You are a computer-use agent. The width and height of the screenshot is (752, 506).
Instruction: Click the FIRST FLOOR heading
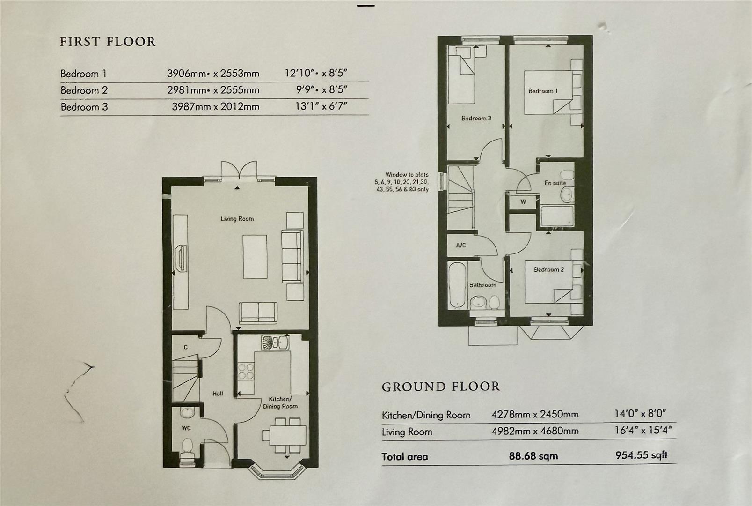tap(108, 42)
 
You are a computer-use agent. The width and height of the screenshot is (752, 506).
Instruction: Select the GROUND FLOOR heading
tap(441, 387)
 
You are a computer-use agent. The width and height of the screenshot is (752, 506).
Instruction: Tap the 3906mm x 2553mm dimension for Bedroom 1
tap(213, 74)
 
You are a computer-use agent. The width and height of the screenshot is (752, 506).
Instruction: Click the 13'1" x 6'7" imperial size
tap(321, 106)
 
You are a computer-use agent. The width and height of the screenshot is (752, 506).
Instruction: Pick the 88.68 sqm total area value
tap(533, 456)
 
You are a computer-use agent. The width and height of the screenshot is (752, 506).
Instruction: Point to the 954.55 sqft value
tap(641, 455)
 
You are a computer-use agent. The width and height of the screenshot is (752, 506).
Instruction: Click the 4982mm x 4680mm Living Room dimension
tap(535, 431)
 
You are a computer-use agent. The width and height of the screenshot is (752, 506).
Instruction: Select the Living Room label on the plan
tap(237, 219)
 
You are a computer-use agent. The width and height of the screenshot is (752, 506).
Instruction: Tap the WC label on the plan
tap(186, 428)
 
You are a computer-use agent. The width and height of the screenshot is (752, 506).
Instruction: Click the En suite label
tap(555, 183)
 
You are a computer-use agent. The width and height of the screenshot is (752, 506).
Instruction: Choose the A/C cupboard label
tap(461, 246)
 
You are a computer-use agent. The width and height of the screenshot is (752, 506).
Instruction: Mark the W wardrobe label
tap(523, 202)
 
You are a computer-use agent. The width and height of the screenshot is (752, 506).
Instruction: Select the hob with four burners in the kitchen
tap(247, 372)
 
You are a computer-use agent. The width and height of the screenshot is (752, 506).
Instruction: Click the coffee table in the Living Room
tap(255, 257)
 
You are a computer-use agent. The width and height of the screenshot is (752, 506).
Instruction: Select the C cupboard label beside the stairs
tap(186, 347)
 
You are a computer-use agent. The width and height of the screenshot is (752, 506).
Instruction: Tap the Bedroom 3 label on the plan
tap(476, 119)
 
